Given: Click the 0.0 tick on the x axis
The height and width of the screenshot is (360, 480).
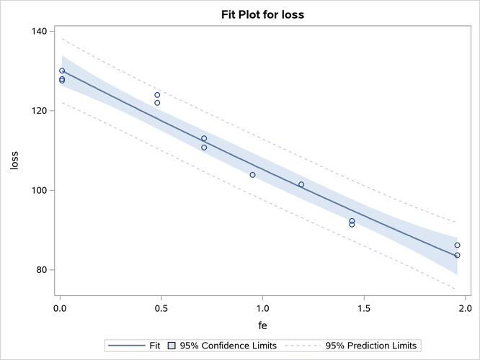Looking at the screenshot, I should [61, 309].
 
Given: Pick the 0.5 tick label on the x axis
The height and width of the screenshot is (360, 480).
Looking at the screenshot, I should [161, 309].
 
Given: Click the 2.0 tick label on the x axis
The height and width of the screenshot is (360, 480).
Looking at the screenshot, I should [464, 309].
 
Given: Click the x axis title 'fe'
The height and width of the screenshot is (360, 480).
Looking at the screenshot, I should [262, 327].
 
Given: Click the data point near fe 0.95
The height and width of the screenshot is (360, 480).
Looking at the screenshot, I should [252, 175].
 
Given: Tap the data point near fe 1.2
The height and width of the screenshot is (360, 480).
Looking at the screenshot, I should [301, 184].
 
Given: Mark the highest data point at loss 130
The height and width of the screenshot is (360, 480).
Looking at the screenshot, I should [62, 71].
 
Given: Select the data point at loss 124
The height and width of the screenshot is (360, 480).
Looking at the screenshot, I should [157, 94].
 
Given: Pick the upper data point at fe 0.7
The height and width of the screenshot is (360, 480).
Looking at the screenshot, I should [204, 138].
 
